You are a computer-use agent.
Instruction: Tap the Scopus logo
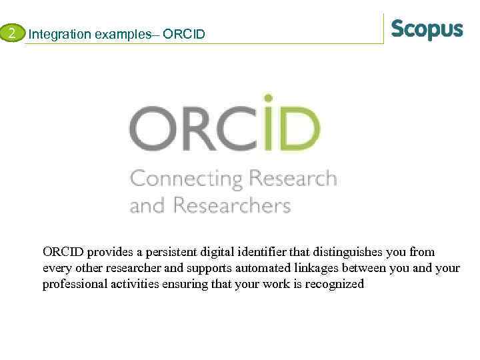tap(427, 30)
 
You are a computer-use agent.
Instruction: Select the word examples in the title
tap(120, 34)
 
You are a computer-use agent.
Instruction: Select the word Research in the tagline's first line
tap(293, 178)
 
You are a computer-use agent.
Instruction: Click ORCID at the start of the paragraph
tap(63, 253)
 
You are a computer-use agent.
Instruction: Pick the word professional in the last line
tap(73, 285)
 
